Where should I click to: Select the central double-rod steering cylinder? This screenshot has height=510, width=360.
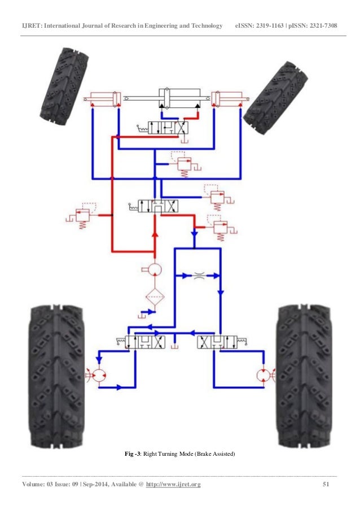pos(180,98)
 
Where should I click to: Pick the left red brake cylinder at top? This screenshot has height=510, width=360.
pos(103,99)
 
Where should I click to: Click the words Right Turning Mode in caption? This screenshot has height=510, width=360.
pos(168,454)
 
